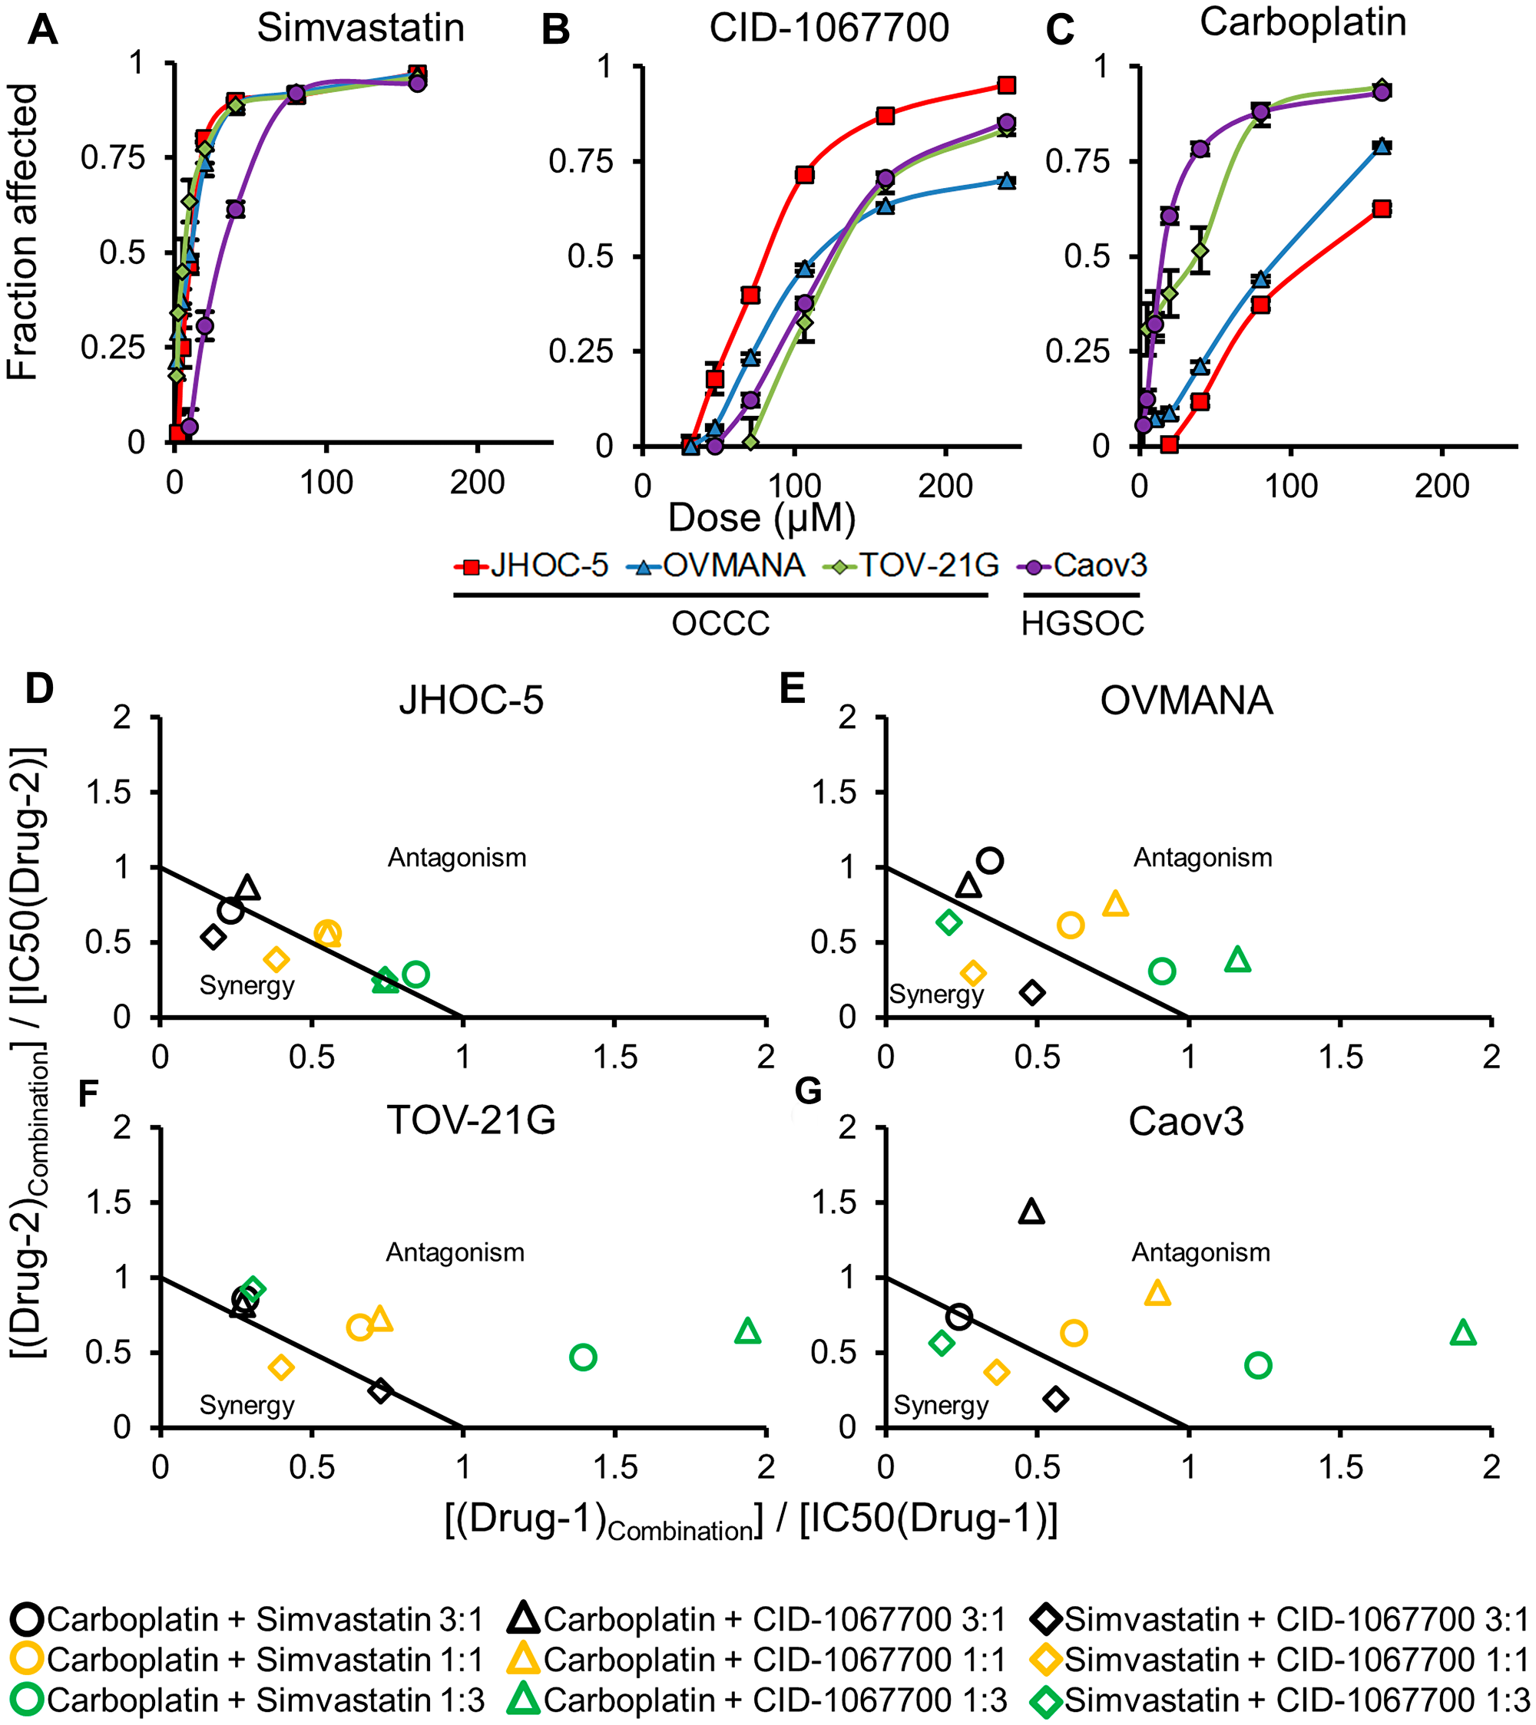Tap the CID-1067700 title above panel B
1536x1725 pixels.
click(x=829, y=28)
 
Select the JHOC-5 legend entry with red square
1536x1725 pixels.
click(x=532, y=566)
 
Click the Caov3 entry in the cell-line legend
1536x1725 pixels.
click(x=1085, y=566)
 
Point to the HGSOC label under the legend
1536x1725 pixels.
click(x=1083, y=624)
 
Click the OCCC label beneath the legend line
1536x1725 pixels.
click(x=720, y=624)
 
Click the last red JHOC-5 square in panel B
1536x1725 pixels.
click(x=1006, y=85)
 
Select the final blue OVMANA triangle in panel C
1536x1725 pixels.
click(x=1382, y=146)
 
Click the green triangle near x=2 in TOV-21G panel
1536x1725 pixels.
click(x=748, y=1331)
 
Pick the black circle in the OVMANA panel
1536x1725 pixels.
click(x=990, y=861)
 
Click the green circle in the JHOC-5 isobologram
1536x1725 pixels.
click(x=415, y=974)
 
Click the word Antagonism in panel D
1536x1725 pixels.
click(x=457, y=859)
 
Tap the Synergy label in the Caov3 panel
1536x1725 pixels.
click(x=941, y=1405)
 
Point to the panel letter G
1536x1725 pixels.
click(x=808, y=1091)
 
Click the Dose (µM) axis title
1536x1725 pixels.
click(x=762, y=517)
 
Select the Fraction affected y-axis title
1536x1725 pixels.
click(x=23, y=232)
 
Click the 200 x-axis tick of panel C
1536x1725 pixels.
click(x=1442, y=486)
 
